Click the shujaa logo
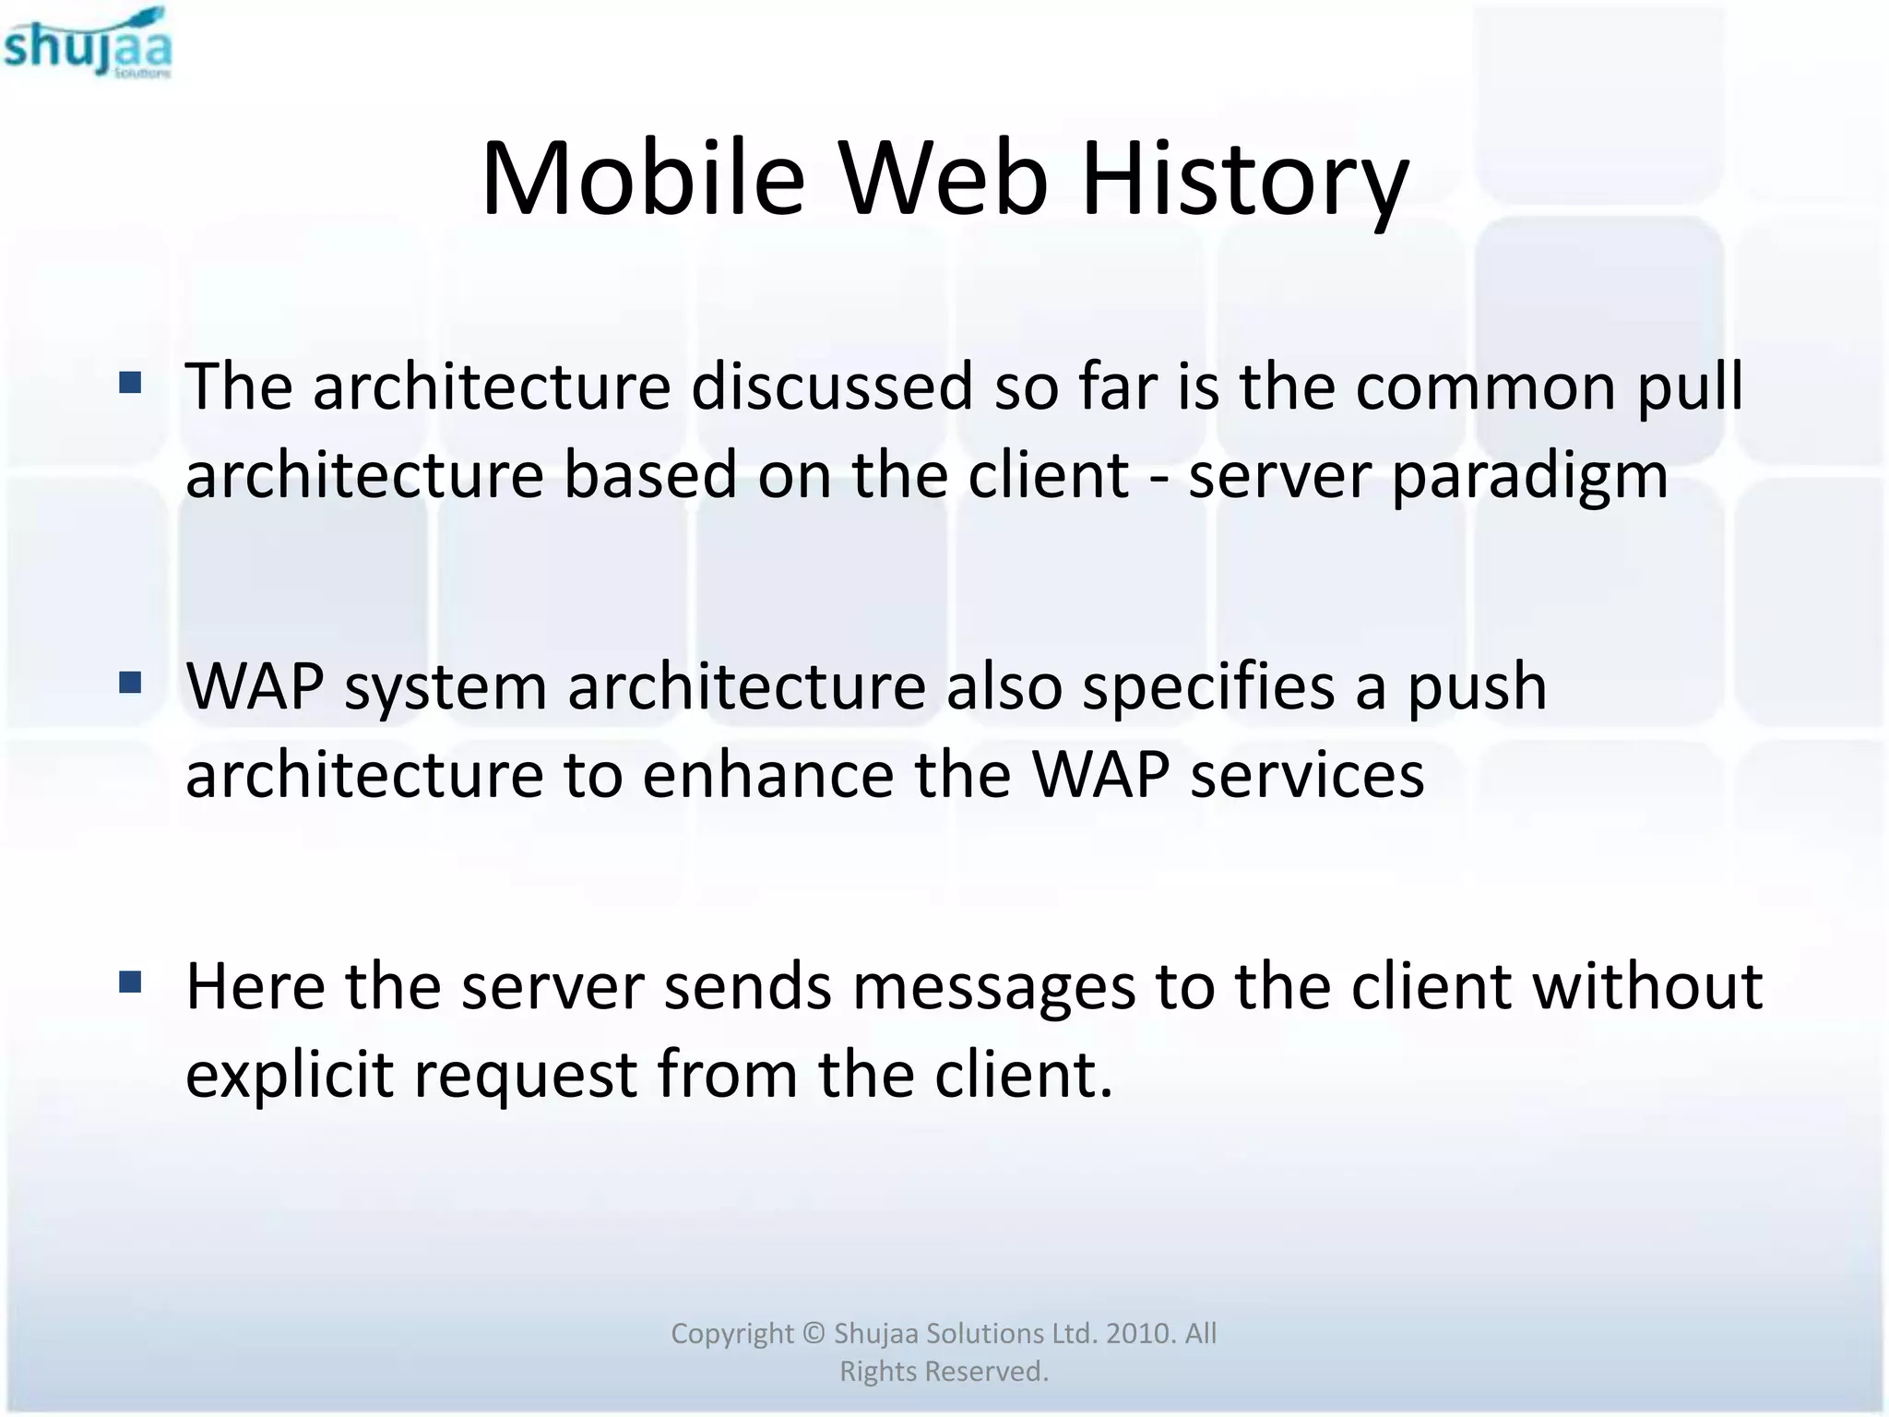pyautogui.click(x=88, y=43)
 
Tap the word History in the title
pyautogui.click(x=1244, y=178)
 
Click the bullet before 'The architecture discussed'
pyautogui.click(x=130, y=382)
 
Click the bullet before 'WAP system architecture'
pyautogui.click(x=130, y=683)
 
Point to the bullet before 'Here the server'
pyautogui.click(x=130, y=982)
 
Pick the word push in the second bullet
pyautogui.click(x=1476, y=688)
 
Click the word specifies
pyautogui.click(x=1208, y=688)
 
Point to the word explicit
pyautogui.click(x=290, y=1076)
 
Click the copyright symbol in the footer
pyautogui.click(x=813, y=1334)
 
